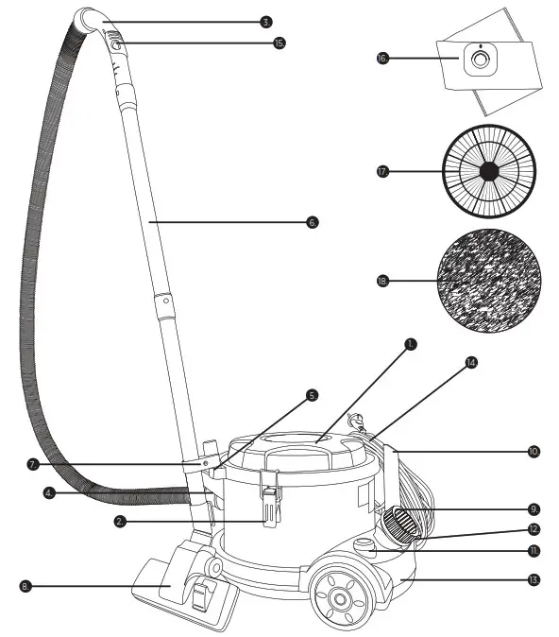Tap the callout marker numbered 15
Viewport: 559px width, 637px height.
[279, 43]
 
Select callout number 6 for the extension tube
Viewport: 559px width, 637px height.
[313, 222]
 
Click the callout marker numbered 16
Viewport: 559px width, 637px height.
[381, 59]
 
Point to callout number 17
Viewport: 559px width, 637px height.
[382, 171]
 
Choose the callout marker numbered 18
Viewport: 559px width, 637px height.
[382, 281]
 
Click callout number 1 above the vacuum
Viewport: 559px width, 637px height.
[410, 344]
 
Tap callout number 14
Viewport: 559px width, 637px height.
[471, 362]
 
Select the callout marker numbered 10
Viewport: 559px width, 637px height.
[534, 452]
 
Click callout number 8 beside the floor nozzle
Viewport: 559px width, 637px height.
[25, 586]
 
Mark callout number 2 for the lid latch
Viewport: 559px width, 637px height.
[120, 521]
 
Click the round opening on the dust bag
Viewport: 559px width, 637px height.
[480, 60]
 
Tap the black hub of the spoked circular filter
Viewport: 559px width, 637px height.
[488, 171]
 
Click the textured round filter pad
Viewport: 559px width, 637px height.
[488, 281]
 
